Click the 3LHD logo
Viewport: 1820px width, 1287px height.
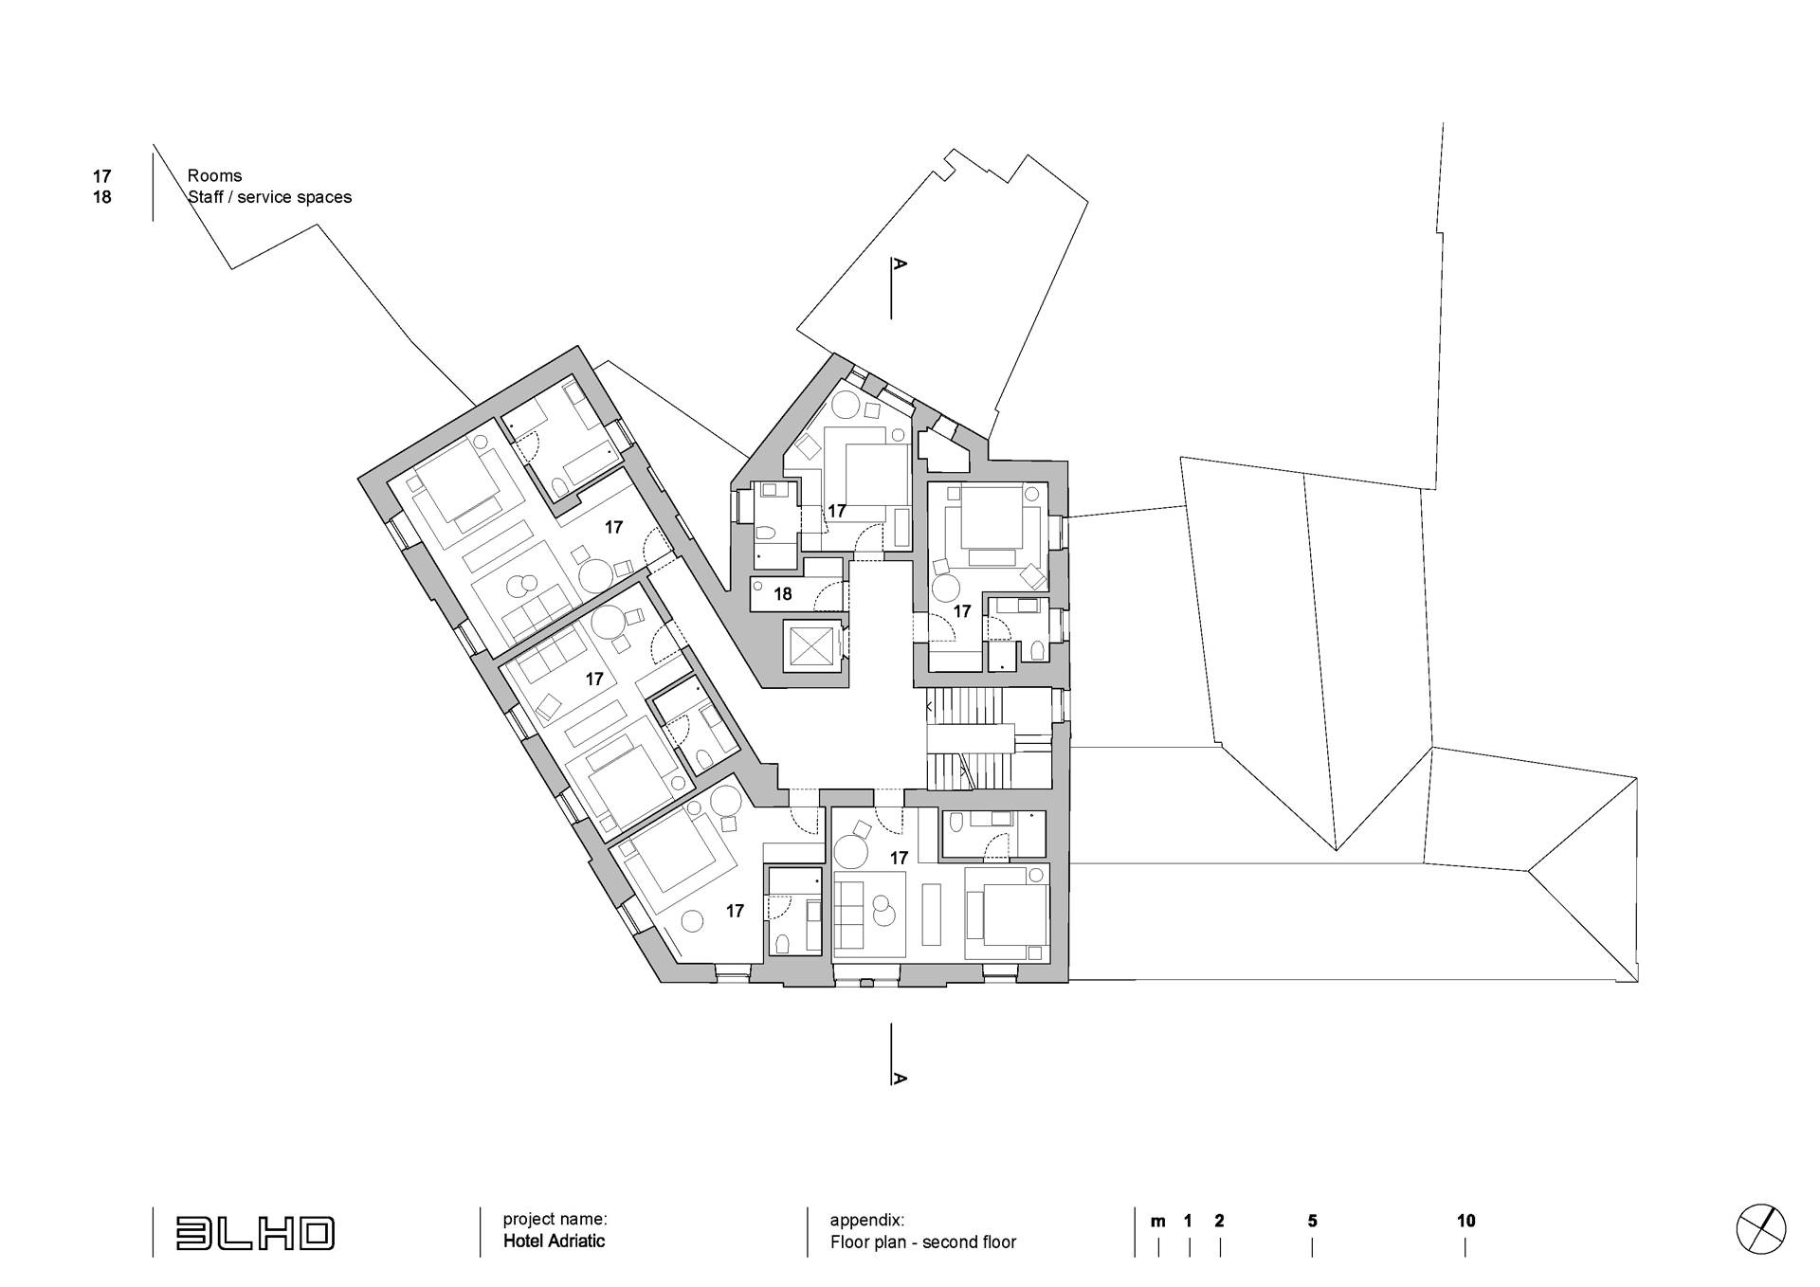click(x=254, y=1232)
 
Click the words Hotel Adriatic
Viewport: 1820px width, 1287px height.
click(x=554, y=1241)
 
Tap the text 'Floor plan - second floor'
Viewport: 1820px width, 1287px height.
click(x=923, y=1242)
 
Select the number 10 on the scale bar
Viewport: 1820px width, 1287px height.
click(x=1465, y=1221)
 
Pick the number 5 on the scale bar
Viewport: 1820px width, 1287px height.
click(x=1312, y=1221)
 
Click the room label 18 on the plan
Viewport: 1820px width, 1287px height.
click(x=782, y=594)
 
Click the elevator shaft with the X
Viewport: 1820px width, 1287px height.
click(x=810, y=646)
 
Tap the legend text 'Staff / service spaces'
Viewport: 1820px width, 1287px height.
click(x=269, y=197)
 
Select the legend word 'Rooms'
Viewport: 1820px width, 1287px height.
click(x=214, y=175)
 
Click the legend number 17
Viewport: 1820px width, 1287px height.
click(x=101, y=176)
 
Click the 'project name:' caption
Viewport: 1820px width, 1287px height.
click(x=555, y=1219)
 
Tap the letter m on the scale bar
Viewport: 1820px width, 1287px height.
click(x=1157, y=1222)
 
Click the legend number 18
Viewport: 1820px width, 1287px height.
click(x=101, y=197)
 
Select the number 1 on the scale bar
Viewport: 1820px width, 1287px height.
click(x=1188, y=1221)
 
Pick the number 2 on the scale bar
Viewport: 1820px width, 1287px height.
click(x=1219, y=1221)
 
